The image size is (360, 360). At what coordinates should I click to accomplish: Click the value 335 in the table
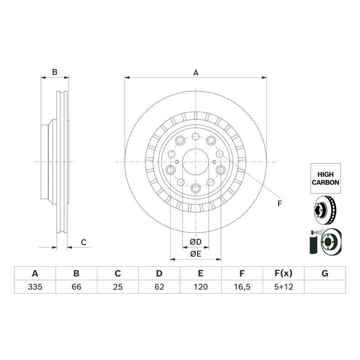point(35,287)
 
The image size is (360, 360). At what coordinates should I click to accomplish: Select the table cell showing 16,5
point(242,287)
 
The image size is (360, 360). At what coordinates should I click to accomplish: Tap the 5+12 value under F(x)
point(283,287)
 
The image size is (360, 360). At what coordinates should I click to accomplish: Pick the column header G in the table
point(325,274)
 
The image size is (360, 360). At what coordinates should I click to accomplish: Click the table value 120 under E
point(201,287)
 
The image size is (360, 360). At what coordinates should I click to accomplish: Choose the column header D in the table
point(159,274)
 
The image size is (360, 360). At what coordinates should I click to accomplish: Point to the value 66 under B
point(76,287)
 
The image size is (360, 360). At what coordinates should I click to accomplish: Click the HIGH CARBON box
point(325,178)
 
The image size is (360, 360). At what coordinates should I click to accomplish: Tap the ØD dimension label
point(196,242)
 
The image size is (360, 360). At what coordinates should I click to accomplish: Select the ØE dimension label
point(196,254)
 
